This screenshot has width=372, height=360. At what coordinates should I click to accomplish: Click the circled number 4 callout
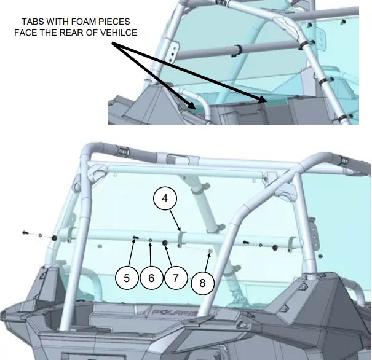tap(165, 200)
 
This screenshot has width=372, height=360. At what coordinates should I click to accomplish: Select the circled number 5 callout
tap(127, 277)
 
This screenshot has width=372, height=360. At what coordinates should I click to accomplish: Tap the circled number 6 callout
tap(151, 277)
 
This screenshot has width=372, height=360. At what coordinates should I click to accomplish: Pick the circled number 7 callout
tap(175, 277)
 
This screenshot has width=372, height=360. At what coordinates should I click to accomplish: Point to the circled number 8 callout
tap(202, 283)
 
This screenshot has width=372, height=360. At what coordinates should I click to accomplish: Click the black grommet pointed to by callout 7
tap(165, 244)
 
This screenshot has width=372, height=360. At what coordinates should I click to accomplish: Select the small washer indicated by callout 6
tap(151, 241)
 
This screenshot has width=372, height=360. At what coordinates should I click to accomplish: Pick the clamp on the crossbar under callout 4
tap(180, 237)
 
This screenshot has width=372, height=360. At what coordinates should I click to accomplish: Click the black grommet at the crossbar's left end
tap(54, 238)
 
